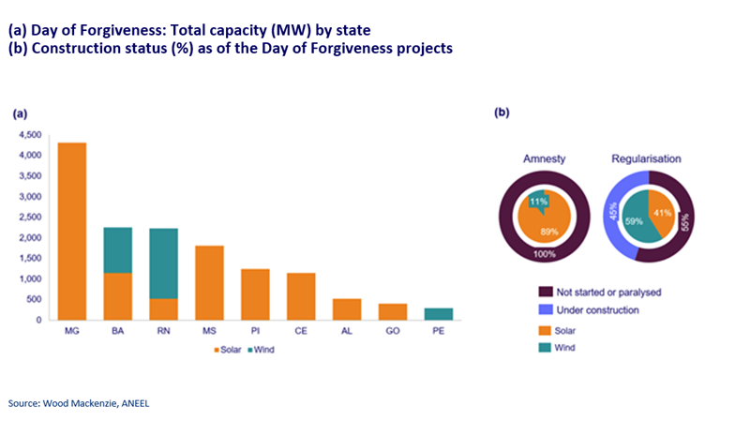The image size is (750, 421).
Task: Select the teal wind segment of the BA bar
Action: click(117, 249)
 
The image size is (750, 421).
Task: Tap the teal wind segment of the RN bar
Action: click(163, 263)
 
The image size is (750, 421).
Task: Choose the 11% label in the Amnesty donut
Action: click(538, 201)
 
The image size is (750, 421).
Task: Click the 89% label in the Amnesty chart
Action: click(547, 232)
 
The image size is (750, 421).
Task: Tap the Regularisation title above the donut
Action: click(647, 159)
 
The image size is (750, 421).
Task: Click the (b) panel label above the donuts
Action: click(502, 113)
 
